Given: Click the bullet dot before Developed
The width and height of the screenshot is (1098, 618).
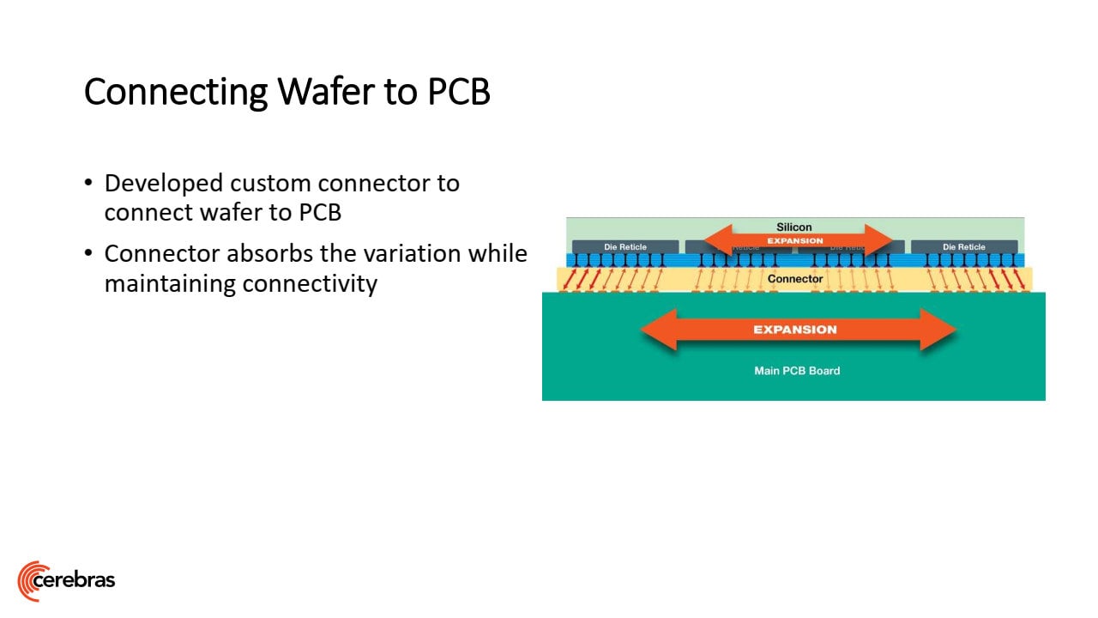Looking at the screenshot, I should click(89, 184).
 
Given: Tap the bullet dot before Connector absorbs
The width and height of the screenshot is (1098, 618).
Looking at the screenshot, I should click(89, 254).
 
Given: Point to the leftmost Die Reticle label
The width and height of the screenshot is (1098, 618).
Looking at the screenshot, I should click(625, 247).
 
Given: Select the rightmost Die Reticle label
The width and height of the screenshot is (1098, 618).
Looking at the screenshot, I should click(964, 247).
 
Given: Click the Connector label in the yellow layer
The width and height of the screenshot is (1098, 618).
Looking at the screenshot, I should click(795, 279).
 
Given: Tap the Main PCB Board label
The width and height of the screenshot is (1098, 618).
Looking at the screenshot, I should click(797, 371).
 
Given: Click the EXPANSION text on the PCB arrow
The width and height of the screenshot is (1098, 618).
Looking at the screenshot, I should click(795, 330).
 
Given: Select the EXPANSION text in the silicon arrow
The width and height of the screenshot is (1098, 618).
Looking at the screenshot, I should click(795, 241).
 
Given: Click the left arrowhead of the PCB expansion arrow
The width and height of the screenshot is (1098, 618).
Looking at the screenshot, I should click(659, 330).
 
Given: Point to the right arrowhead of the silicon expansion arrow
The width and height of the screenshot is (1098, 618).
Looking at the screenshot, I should click(879, 240).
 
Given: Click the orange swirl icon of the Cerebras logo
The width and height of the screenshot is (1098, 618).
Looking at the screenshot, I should click(31, 580).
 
